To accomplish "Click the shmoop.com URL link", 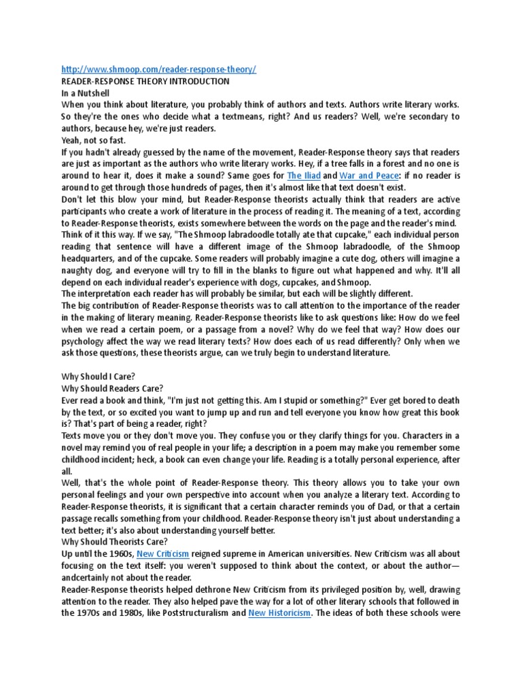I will (159, 70).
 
